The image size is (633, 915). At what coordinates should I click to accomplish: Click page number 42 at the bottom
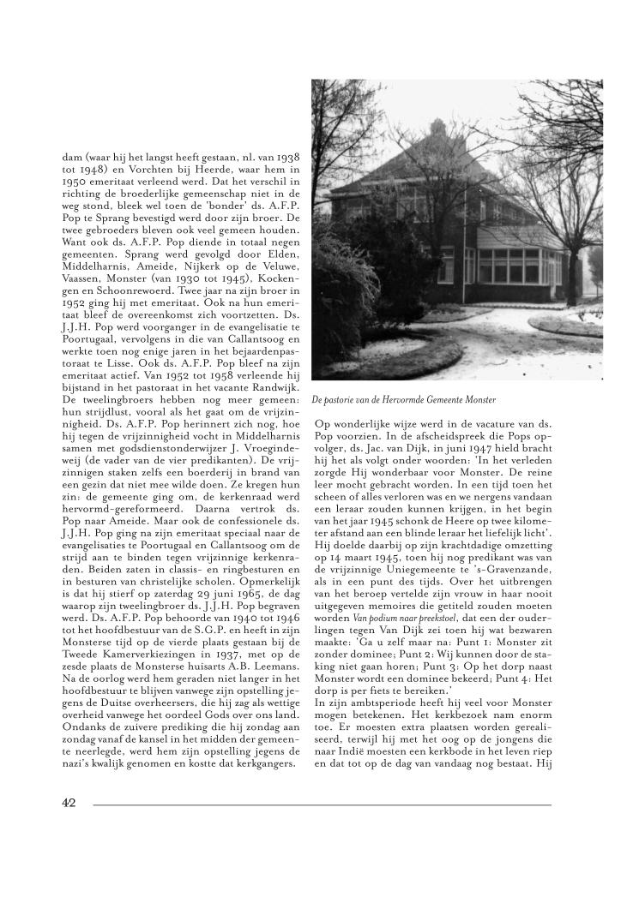pyautogui.click(x=70, y=803)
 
